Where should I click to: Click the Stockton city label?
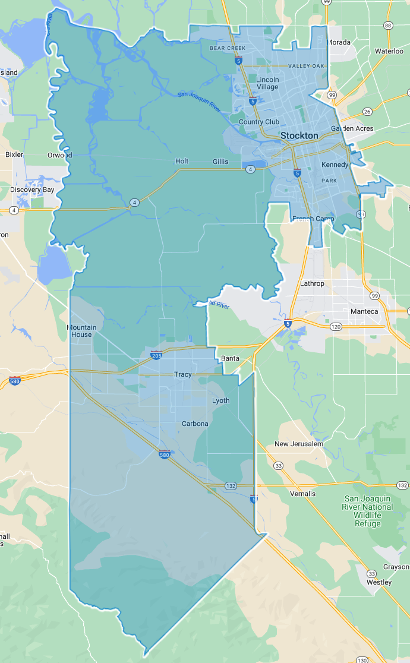(299, 135)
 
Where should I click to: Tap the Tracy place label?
(182, 374)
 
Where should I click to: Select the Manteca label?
(364, 311)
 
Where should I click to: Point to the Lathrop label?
(312, 283)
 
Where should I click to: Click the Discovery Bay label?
(32, 190)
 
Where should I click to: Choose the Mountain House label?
(81, 331)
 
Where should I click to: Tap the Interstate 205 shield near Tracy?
(156, 355)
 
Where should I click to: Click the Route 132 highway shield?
(231, 486)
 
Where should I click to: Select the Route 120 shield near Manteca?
(336, 327)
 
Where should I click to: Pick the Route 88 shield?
(387, 26)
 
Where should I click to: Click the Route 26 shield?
(367, 112)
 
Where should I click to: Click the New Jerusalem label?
(298, 444)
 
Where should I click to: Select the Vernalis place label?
(302, 494)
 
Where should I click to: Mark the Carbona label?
(195, 424)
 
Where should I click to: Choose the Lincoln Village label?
(267, 83)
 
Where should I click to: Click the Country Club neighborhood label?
(258, 122)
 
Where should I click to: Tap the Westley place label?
(379, 582)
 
